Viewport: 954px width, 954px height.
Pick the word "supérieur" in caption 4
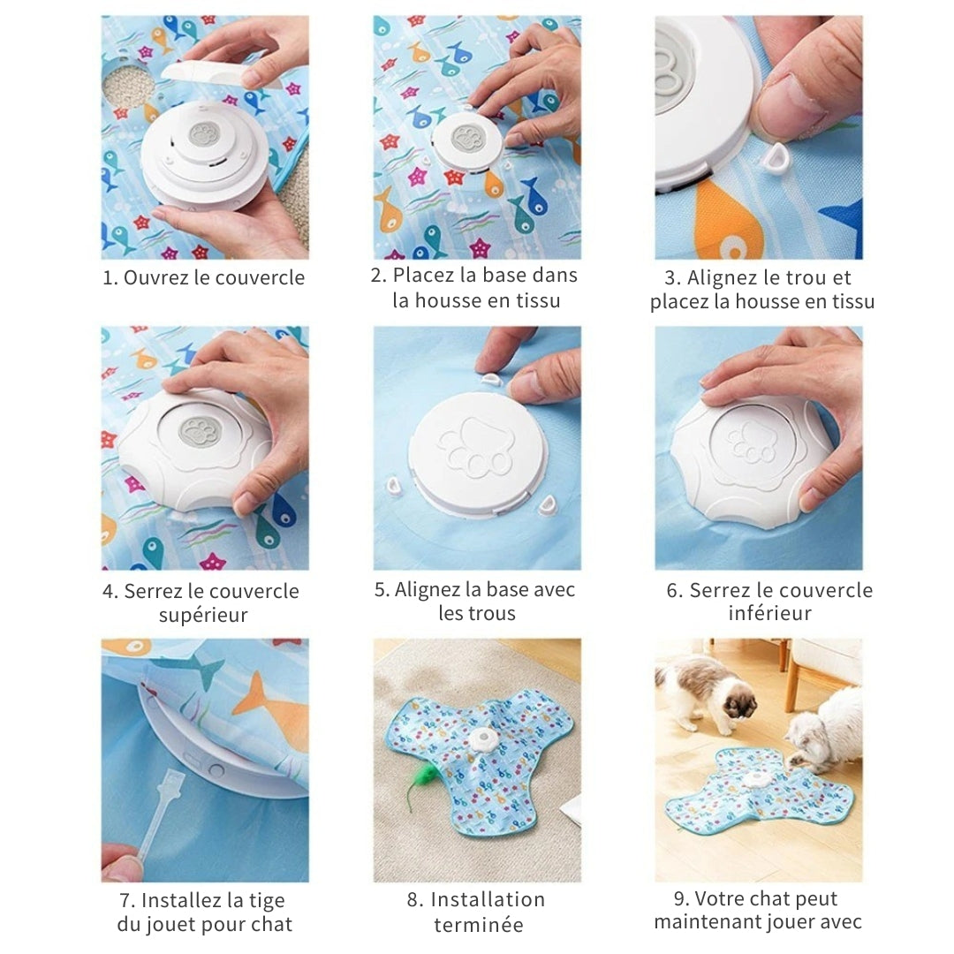(203, 615)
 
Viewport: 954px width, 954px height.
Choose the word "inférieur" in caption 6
(769, 613)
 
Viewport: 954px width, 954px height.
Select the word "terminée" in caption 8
(478, 925)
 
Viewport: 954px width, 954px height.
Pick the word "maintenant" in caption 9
(709, 922)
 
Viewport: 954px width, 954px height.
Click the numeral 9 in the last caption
(679, 899)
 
